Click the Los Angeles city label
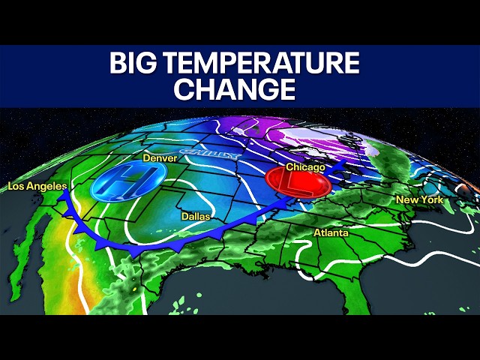click(x=37, y=185)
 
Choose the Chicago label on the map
click(x=305, y=167)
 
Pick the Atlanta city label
click(x=331, y=233)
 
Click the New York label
click(x=419, y=200)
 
